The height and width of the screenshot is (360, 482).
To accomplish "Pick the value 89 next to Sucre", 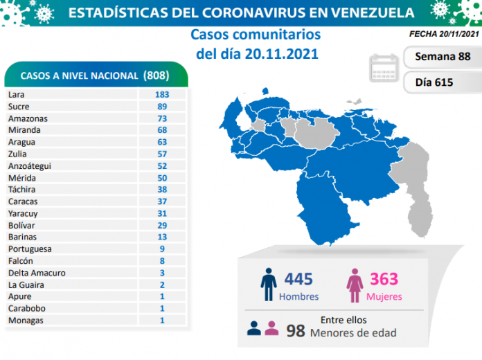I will [x=163, y=106].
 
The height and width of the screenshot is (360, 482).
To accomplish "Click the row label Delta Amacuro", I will [x=37, y=273].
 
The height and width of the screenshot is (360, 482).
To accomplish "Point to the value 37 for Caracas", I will [x=163, y=201].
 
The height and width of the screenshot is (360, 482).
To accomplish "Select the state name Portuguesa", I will [x=30, y=249].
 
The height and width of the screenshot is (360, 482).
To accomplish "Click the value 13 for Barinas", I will [x=163, y=237].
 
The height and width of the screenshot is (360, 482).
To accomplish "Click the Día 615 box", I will [x=441, y=82].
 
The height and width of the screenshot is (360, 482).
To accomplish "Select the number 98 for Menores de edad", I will [x=296, y=330].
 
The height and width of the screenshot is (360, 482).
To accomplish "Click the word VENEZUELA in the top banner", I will [x=359, y=12].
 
